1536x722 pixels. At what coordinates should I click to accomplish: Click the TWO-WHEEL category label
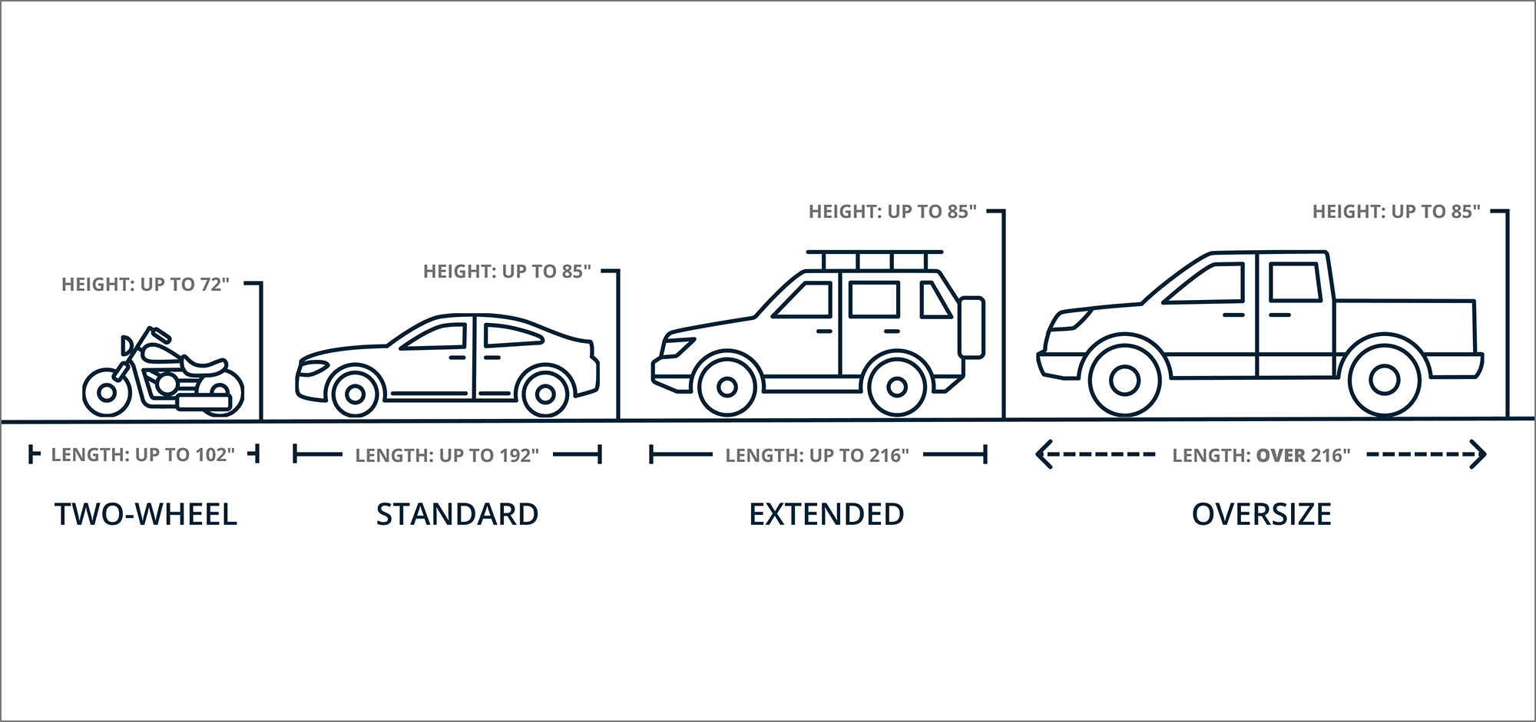click(146, 514)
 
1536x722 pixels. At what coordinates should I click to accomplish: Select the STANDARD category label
click(457, 514)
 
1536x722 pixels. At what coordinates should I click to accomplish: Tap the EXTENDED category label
click(826, 514)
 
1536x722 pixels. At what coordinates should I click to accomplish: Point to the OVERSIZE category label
click(1262, 514)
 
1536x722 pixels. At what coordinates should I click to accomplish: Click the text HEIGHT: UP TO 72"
click(146, 285)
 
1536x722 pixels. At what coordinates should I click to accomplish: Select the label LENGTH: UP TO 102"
click(143, 455)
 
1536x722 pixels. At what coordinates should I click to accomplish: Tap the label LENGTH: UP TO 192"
click(447, 456)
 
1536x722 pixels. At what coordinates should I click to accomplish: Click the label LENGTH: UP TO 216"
click(817, 456)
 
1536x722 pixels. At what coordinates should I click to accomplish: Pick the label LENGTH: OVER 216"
click(1261, 456)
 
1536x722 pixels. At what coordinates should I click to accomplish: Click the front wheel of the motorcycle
click(107, 393)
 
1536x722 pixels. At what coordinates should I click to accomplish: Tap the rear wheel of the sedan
click(545, 394)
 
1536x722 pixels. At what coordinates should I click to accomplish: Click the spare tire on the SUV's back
click(972, 328)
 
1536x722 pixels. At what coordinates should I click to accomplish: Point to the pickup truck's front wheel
click(1124, 380)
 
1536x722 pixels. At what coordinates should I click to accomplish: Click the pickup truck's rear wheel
click(1384, 380)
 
